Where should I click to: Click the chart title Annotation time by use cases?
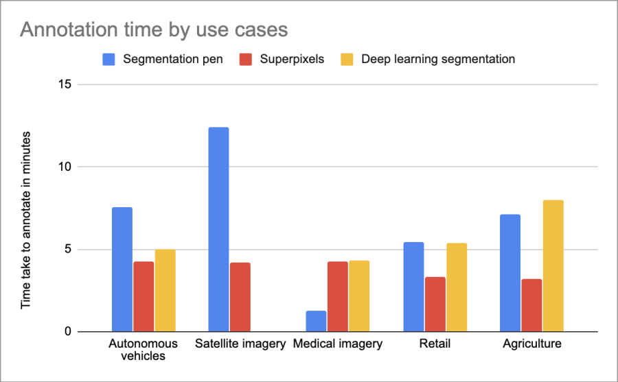click(153, 30)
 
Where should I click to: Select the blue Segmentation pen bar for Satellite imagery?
click(218, 229)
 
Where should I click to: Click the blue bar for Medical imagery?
click(316, 321)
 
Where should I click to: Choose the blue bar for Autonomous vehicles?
click(122, 270)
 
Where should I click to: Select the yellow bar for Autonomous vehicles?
click(165, 291)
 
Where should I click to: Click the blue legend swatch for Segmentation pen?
click(108, 59)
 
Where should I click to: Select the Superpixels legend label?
click(292, 59)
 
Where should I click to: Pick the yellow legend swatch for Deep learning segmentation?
click(349, 59)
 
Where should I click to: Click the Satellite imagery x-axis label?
click(240, 344)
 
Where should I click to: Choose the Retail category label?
click(435, 344)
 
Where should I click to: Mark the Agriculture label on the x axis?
click(531, 344)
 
